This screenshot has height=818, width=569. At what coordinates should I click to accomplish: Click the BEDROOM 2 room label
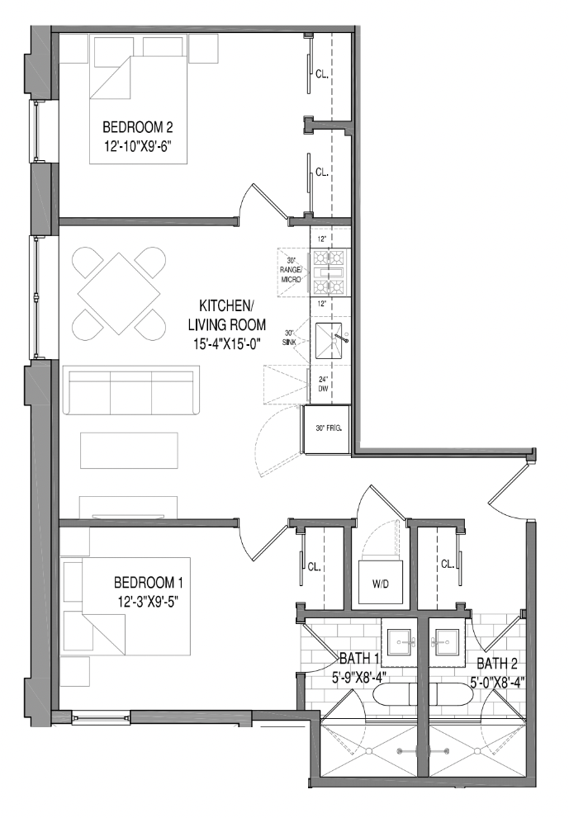pyautogui.click(x=137, y=128)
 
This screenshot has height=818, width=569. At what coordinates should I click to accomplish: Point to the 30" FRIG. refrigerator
pyautogui.click(x=329, y=428)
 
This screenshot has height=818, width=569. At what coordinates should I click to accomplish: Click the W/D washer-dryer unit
pyautogui.click(x=381, y=584)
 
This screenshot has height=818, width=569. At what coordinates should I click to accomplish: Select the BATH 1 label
pyautogui.click(x=358, y=659)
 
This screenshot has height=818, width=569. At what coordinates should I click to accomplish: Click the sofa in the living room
pyautogui.click(x=131, y=393)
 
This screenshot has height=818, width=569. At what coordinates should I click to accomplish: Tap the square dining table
pyautogui.click(x=115, y=293)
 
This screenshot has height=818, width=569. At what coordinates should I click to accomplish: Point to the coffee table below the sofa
pyautogui.click(x=128, y=450)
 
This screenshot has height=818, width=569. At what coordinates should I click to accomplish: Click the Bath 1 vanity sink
pyautogui.click(x=402, y=641)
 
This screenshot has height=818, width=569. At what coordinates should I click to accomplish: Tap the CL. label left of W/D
pyautogui.click(x=314, y=567)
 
